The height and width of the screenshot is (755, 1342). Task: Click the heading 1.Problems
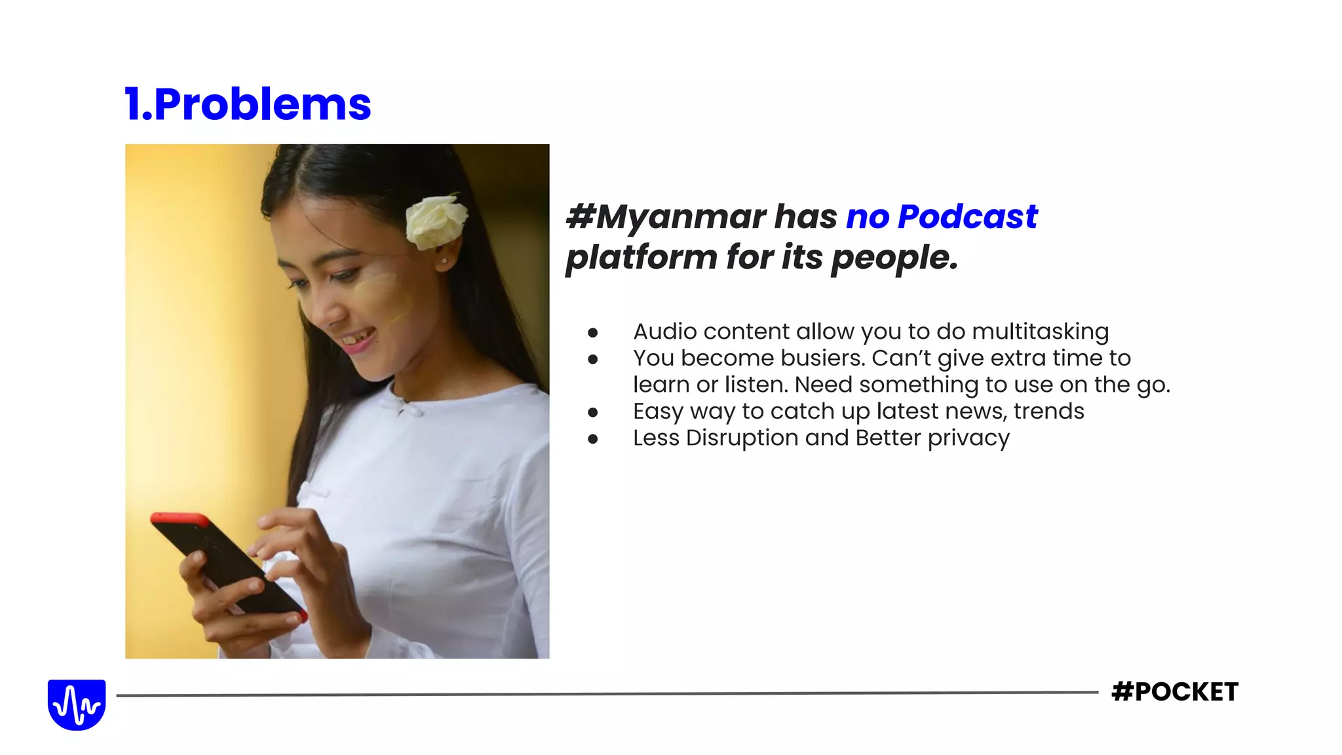248,105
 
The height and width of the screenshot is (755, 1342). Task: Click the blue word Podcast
967,216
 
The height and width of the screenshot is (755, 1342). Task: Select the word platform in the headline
641,258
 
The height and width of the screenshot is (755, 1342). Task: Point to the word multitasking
1040,332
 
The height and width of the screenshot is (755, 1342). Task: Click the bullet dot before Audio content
593,333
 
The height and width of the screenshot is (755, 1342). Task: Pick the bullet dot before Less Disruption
593,439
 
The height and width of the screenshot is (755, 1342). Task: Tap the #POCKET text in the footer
1175,692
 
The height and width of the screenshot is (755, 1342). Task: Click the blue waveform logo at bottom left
77,705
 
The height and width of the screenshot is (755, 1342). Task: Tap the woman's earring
445,261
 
